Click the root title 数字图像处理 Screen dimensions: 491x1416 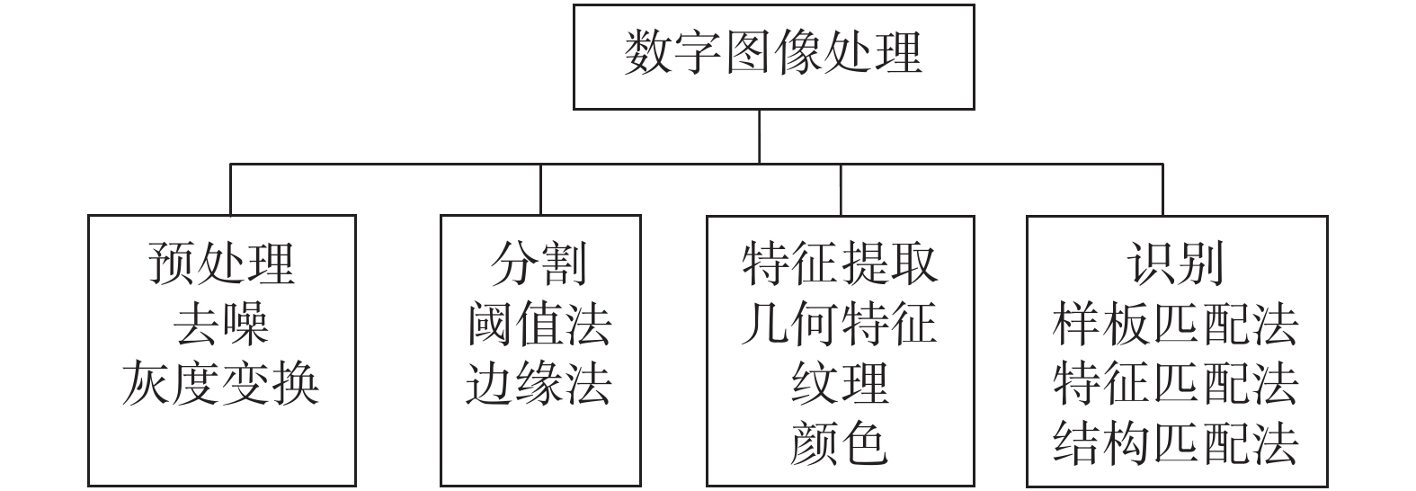[x=773, y=52]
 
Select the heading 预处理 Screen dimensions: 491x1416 [x=221, y=263]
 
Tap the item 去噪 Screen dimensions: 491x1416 [x=221, y=324]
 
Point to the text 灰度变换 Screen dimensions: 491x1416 [x=221, y=384]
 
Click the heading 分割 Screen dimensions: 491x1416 [x=539, y=263]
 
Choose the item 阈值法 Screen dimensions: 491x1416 [x=539, y=324]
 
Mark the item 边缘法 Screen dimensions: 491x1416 [x=539, y=384]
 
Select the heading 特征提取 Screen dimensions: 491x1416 [x=840, y=263]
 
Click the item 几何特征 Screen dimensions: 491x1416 [x=840, y=324]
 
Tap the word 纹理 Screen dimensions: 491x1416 [x=840, y=384]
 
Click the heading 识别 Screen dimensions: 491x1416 [x=1176, y=263]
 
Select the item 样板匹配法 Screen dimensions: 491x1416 [x=1176, y=324]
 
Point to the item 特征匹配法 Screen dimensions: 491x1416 [x=1176, y=384]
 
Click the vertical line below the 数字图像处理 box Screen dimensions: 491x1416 [x=760, y=136]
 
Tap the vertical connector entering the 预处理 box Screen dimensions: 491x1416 [x=231, y=190]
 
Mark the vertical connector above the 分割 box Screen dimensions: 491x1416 [x=540, y=190]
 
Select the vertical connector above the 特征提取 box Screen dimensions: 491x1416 [x=841, y=190]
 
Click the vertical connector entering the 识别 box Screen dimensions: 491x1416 [x=1162, y=190]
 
